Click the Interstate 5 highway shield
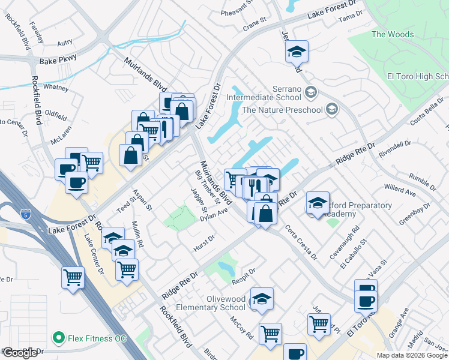coord(25,214)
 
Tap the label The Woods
coord(393,34)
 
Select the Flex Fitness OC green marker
coord(59,338)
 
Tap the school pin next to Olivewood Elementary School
coord(262,299)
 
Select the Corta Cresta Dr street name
coord(301,242)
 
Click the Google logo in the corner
coord(20,353)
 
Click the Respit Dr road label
coord(244,274)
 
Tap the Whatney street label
coord(56,87)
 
